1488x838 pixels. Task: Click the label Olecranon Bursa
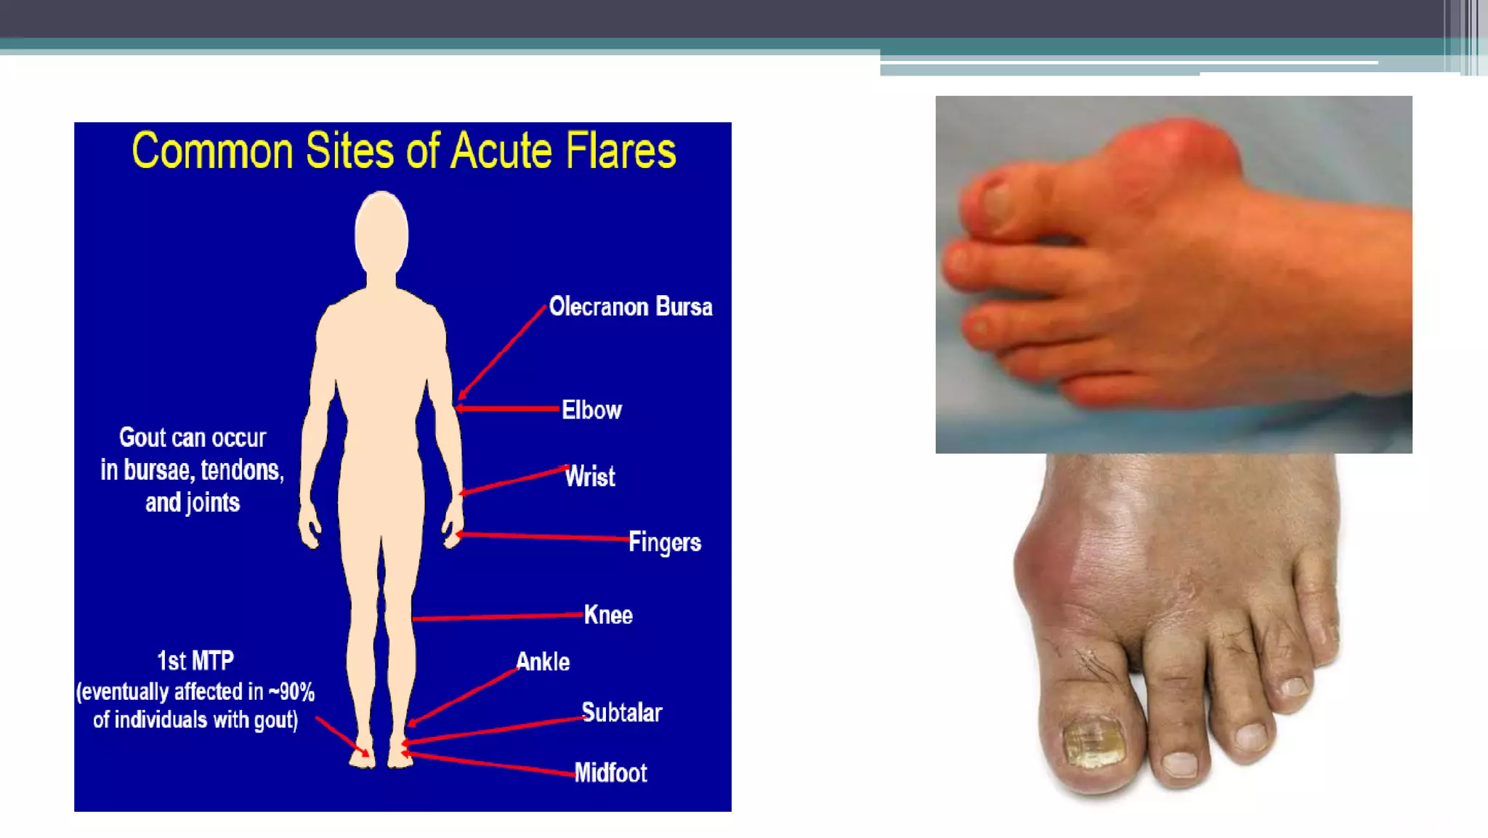tap(630, 307)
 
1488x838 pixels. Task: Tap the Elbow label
tap(591, 410)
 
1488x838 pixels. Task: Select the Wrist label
tap(590, 477)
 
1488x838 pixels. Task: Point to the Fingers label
tap(664, 542)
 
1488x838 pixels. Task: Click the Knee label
tap(608, 615)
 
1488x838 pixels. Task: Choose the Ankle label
tap(543, 662)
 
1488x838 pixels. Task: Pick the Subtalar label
tap(621, 713)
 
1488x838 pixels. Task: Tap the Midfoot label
tap(610, 773)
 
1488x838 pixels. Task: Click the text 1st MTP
tap(195, 661)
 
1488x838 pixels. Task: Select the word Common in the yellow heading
tap(211, 151)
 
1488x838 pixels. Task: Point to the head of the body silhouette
tap(381, 233)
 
